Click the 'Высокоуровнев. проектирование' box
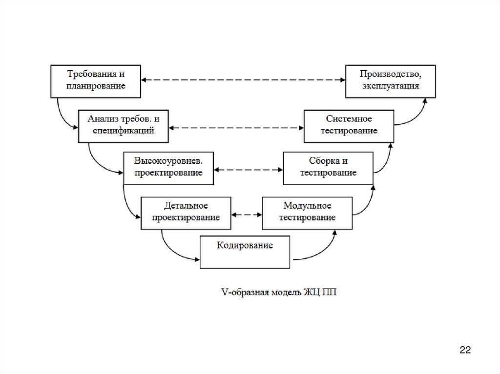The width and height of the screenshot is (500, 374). pos(168,168)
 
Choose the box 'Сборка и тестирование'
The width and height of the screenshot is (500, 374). pos(328,168)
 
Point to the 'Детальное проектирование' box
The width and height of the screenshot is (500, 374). pos(186,213)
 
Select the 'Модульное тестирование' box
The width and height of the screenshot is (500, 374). pos(307,213)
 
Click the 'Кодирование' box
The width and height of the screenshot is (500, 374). pos(245,251)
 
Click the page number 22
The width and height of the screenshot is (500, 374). pos(464,350)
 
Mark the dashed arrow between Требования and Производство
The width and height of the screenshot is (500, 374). pos(243,79)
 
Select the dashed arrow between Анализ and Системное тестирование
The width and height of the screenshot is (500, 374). pos(236,128)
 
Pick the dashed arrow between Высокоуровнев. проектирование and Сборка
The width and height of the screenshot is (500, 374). pos(248,170)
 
